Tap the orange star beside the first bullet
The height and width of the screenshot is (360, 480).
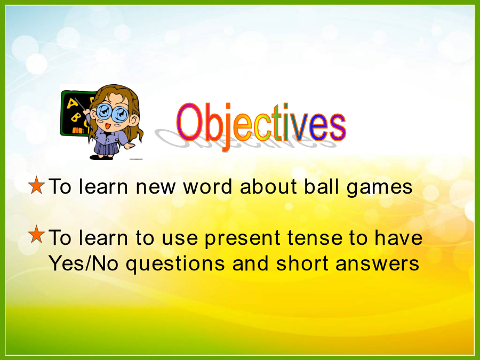pos(36,185)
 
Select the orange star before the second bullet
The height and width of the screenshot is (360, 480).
pos(36,234)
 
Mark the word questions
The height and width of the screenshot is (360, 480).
pos(175,265)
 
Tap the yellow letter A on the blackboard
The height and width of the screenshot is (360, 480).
pos(72,103)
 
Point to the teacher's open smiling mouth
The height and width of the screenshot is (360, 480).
pos(107,126)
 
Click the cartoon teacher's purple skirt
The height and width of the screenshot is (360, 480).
pos(107,148)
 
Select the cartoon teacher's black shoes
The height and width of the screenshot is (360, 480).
pos(102,157)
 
